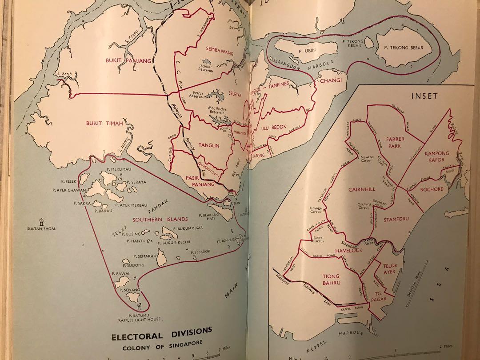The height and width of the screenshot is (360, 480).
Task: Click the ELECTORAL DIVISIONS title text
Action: [x=156, y=331]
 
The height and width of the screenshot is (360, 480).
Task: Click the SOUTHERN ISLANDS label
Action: [x=160, y=219]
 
